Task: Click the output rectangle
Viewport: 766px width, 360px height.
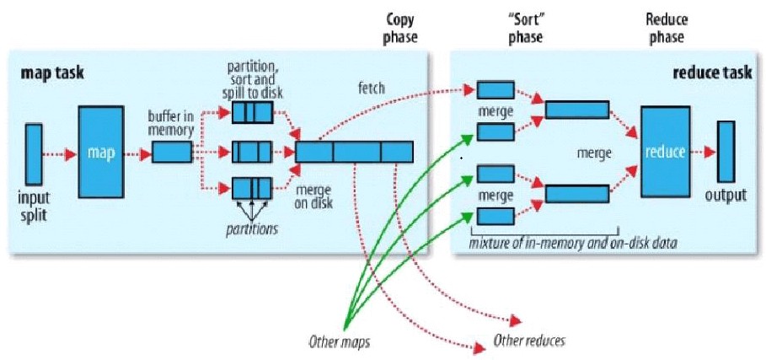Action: click(x=725, y=152)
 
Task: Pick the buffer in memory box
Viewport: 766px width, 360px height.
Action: click(x=172, y=153)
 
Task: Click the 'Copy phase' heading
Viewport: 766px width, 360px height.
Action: click(x=399, y=27)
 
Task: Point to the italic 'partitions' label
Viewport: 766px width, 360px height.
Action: click(x=251, y=229)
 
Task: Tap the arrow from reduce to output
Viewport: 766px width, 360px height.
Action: click(x=699, y=153)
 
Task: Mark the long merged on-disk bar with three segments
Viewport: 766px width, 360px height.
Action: click(x=355, y=152)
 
